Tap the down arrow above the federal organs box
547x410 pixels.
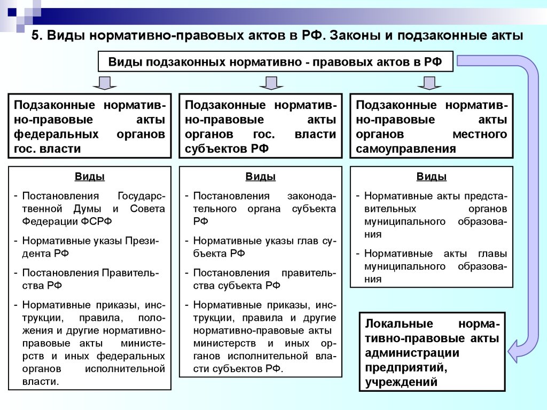pos(104,83)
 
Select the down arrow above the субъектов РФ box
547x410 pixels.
pos(271,83)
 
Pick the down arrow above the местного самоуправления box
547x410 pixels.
pos(429,83)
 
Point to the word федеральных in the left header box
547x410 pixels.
pos(56,134)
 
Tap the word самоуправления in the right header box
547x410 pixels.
pos(406,149)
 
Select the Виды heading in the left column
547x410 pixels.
pos(90,176)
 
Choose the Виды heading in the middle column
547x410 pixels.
pos(261,176)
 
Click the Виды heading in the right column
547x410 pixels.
pos(432,176)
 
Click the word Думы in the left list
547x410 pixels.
pos(88,209)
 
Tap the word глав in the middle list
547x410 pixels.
pos(308,241)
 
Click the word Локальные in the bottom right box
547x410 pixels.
pos(399,324)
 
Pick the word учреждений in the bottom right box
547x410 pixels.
pos(401,382)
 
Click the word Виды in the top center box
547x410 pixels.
pos(125,62)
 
